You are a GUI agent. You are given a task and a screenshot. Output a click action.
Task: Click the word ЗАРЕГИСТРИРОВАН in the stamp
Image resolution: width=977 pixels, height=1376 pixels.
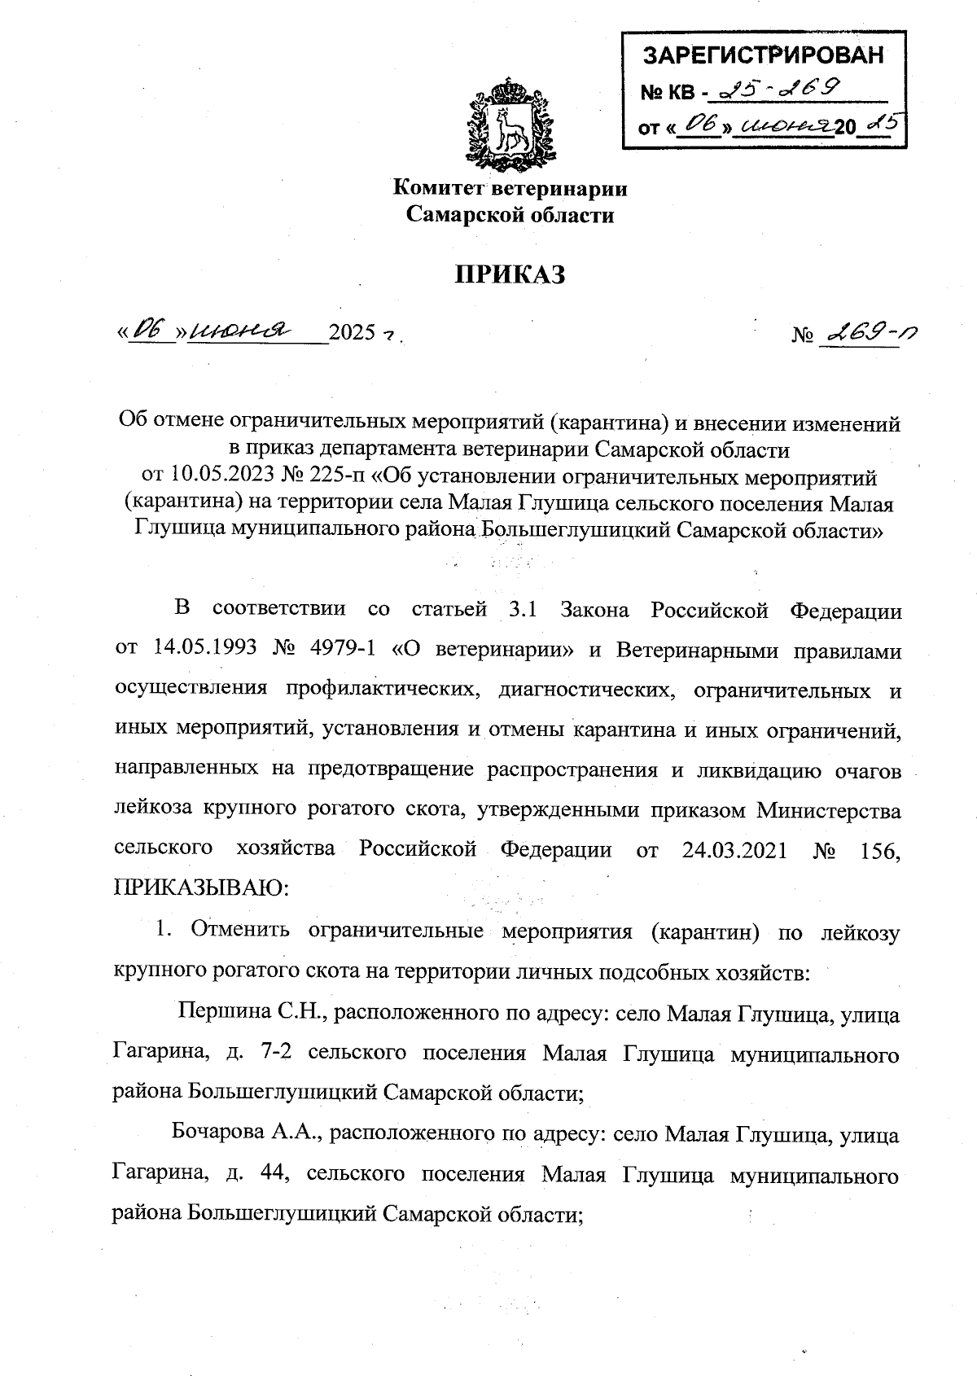[x=763, y=56]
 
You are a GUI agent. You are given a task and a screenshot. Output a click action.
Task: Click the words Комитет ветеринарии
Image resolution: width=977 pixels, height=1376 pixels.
[x=510, y=189]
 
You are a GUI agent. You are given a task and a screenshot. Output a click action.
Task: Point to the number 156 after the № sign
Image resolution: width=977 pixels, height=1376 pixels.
[x=879, y=850]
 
